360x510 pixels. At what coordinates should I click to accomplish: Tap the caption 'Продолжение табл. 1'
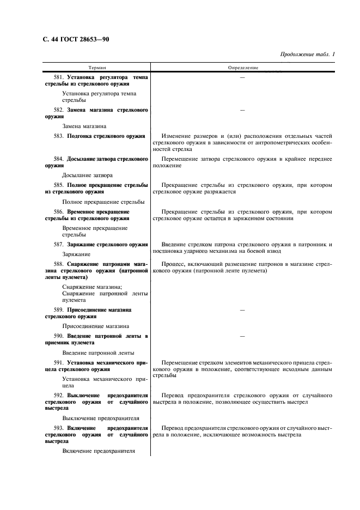click(x=307, y=54)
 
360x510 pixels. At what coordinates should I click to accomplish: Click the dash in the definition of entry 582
click(x=242, y=110)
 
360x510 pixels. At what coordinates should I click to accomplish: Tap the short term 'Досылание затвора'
click(x=87, y=175)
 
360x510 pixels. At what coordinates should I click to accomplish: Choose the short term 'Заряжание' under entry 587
click(x=76, y=254)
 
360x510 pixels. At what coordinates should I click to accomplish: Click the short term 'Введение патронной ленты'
click(x=99, y=353)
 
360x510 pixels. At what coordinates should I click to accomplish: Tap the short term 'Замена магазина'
click(x=84, y=126)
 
